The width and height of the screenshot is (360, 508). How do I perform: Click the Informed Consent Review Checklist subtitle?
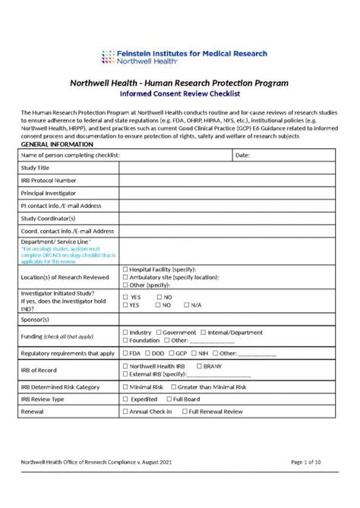179,95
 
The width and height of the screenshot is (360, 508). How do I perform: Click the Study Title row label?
36,168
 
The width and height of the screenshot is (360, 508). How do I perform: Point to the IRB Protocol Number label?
49,180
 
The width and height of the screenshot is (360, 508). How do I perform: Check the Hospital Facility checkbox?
125,270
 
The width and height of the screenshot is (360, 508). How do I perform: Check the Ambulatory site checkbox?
125,277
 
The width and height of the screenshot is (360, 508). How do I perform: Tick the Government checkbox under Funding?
159,333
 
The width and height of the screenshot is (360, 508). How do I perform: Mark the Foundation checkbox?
125,341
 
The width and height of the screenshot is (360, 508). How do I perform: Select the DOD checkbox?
147,353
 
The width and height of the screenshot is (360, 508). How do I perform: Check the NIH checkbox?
194,353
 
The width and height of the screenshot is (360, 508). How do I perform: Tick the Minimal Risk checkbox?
125,387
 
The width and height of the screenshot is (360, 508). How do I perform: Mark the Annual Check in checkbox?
125,412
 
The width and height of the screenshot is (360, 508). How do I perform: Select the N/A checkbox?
186,304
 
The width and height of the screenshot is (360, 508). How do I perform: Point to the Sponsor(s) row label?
35,320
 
